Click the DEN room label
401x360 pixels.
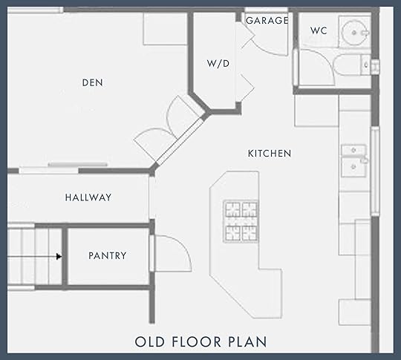(x=92, y=83)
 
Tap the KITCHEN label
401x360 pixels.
(x=270, y=154)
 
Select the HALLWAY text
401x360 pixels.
(x=88, y=197)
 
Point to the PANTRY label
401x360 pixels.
(x=108, y=255)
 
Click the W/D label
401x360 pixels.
(x=218, y=63)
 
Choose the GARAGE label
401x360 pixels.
(x=267, y=21)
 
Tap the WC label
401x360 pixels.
(x=319, y=30)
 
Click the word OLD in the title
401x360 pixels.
(x=149, y=342)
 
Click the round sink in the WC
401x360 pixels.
(x=354, y=33)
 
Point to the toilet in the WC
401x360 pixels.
(x=352, y=65)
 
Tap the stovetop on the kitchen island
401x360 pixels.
(x=241, y=221)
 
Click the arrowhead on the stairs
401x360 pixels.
(x=59, y=256)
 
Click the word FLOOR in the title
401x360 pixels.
(x=196, y=342)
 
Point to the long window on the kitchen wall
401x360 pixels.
(x=375, y=171)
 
